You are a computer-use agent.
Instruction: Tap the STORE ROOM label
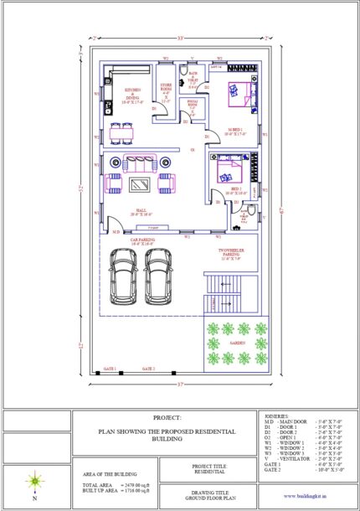(x=166, y=94)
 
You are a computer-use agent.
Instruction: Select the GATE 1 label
(x=109, y=369)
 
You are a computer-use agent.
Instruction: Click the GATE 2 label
(x=148, y=369)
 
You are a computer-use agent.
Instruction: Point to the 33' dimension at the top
(x=181, y=39)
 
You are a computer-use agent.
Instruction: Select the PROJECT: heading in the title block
(x=167, y=417)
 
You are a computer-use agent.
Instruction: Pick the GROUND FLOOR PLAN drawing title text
(x=204, y=499)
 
